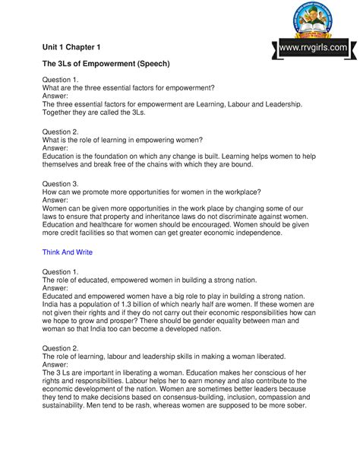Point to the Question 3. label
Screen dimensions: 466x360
click(x=61, y=184)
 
